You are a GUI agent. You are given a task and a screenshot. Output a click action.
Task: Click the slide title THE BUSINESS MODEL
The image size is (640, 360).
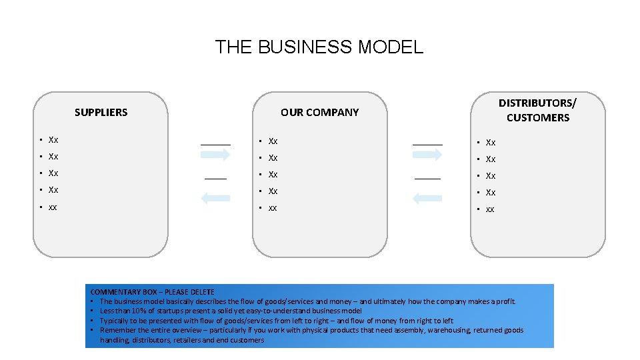[319, 47]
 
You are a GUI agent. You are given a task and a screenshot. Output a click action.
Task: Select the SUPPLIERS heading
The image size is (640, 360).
[101, 112]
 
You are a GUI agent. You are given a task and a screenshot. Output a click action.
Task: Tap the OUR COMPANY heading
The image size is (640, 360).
[319, 112]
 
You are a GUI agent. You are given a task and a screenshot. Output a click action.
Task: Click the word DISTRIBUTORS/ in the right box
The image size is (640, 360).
[537, 103]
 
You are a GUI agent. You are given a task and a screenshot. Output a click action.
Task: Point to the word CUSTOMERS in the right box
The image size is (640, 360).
[537, 118]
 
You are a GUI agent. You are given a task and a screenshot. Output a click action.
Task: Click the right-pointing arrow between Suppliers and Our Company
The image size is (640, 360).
[215, 155]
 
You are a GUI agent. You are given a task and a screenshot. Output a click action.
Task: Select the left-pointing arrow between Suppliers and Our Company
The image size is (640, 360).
[215, 197]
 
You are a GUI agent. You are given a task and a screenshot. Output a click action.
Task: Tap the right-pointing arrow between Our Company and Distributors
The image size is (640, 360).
[427, 155]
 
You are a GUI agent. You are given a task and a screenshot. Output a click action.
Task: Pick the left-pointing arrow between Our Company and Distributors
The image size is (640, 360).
[427, 197]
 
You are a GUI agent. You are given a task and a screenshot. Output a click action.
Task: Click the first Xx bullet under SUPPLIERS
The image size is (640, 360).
[53, 140]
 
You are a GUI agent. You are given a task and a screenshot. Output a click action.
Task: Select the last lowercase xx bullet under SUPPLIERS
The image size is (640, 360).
[53, 207]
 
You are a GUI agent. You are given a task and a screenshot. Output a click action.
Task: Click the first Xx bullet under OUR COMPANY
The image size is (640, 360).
[273, 141]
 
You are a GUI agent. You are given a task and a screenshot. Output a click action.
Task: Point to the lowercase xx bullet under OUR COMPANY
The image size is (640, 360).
[273, 208]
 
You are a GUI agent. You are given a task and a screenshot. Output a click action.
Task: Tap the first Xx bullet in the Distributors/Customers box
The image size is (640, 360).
[491, 142]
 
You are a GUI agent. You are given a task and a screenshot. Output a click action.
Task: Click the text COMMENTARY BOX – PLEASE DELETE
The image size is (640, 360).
[152, 292]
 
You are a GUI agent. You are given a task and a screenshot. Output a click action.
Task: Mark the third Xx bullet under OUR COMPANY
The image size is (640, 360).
[273, 175]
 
